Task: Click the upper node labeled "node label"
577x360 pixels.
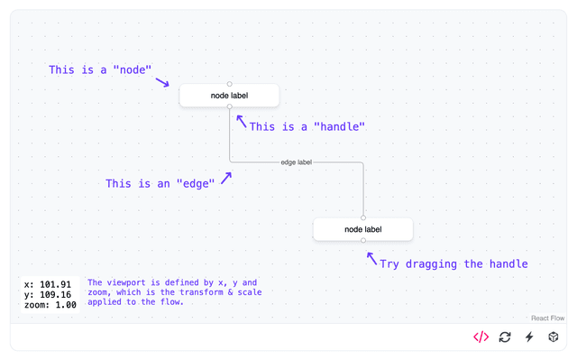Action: click(229, 96)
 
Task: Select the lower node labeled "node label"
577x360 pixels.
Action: click(363, 229)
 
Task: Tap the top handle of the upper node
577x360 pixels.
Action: click(229, 84)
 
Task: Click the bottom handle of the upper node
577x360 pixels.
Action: click(229, 106)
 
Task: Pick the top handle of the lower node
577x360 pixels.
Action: click(363, 217)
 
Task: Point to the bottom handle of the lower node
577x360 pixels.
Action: click(363, 241)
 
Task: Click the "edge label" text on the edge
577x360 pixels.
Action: click(296, 162)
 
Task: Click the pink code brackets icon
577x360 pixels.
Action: click(481, 337)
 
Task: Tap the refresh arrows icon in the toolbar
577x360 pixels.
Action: click(505, 337)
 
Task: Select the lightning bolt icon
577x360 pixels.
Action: click(529, 337)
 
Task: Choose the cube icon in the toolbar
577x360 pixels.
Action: click(554, 337)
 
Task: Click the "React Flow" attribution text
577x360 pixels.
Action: click(548, 318)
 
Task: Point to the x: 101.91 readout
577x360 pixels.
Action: click(48, 284)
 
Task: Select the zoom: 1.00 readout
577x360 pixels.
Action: click(50, 305)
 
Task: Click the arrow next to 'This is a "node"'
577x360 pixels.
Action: click(162, 82)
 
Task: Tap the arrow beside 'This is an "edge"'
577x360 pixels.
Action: click(226, 178)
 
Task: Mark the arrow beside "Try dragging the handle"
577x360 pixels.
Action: click(371, 259)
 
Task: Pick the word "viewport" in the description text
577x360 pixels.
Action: click(135, 282)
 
